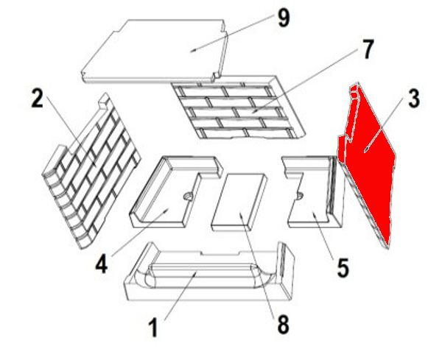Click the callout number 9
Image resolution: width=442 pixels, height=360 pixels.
coord(284,19)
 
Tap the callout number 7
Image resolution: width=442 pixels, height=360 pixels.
coord(367,50)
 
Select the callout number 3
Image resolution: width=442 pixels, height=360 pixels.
coord(414,99)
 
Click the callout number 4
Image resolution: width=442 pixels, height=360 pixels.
coord(101,264)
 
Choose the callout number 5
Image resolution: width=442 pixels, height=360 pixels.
coord(343,269)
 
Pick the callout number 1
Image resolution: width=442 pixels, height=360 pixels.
coord(153,328)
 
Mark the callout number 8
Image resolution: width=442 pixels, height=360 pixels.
coord(283,325)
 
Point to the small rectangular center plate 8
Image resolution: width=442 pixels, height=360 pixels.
coord(239,202)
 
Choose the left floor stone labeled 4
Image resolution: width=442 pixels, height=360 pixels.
coord(174,191)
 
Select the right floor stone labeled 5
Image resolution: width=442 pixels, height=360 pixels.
coord(315,191)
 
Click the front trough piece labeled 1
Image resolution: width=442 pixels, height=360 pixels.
coord(209,275)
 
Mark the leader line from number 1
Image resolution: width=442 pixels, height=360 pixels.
coord(180,296)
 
